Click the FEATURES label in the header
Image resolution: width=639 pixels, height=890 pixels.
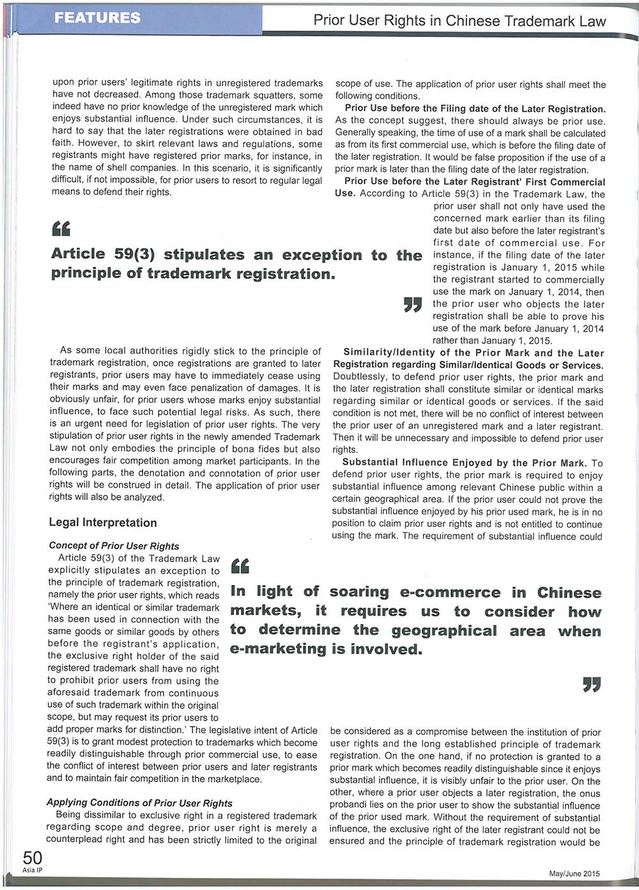point(97,17)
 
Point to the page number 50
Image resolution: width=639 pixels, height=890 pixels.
point(33,857)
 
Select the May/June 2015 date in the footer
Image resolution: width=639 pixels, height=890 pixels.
point(574,874)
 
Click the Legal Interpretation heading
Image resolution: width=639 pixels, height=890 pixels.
point(103,522)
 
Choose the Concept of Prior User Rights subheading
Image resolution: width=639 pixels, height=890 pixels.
point(114,546)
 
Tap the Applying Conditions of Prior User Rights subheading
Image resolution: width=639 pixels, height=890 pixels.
point(139,803)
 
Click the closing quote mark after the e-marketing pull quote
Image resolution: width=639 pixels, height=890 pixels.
point(592,685)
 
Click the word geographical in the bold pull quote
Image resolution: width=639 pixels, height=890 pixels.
point(443,631)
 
